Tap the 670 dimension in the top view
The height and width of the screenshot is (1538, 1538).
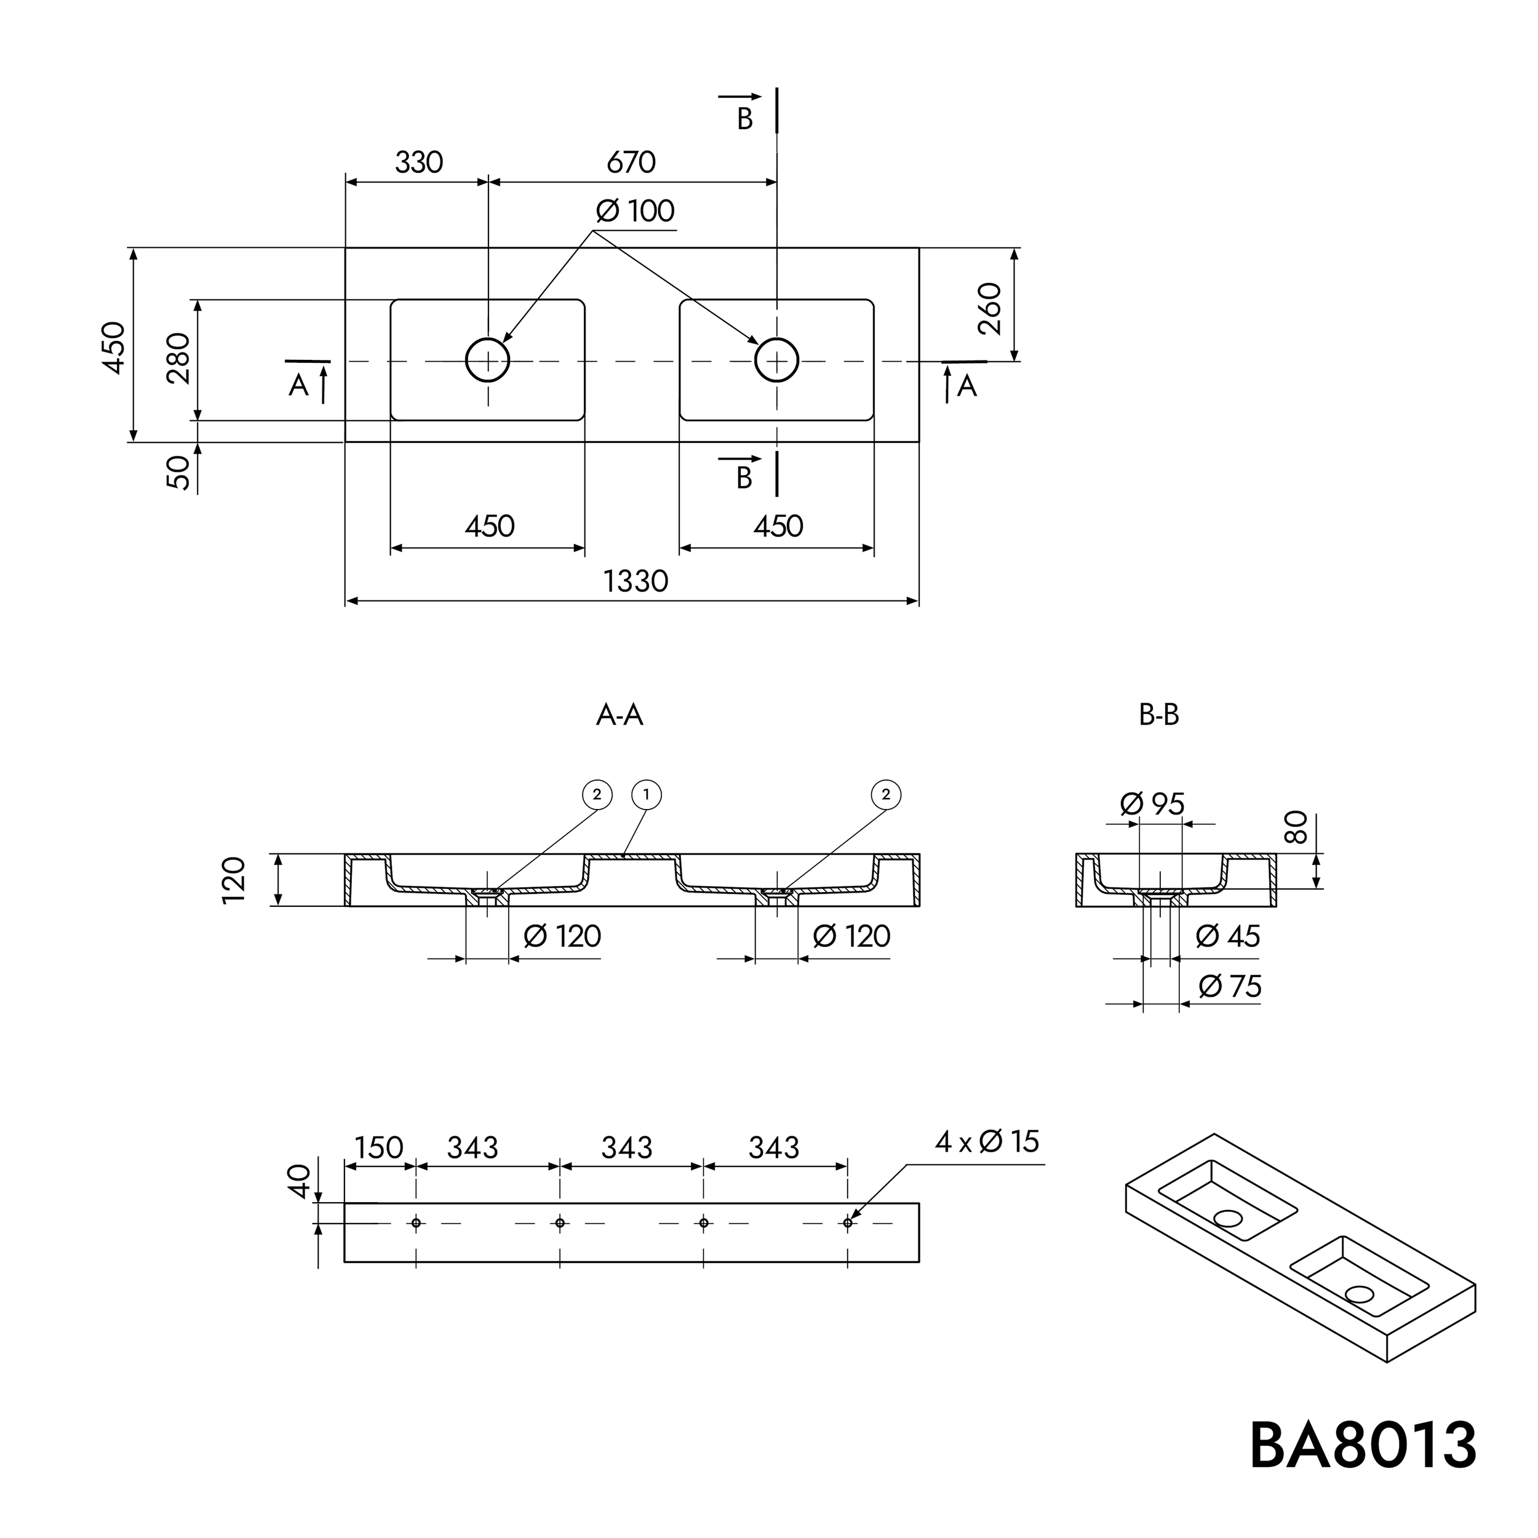(631, 162)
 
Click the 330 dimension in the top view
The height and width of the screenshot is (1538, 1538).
(419, 162)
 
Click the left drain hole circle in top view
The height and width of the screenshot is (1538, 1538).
(487, 361)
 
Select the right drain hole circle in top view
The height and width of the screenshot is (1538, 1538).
(776, 361)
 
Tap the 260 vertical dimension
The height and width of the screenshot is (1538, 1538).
(989, 309)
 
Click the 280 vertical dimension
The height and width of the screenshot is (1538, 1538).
(179, 359)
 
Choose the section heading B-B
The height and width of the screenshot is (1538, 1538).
(1158, 715)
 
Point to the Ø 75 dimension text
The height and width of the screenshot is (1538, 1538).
(1230, 987)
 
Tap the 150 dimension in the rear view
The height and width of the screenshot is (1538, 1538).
(378, 1148)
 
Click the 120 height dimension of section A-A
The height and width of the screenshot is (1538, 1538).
(234, 880)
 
